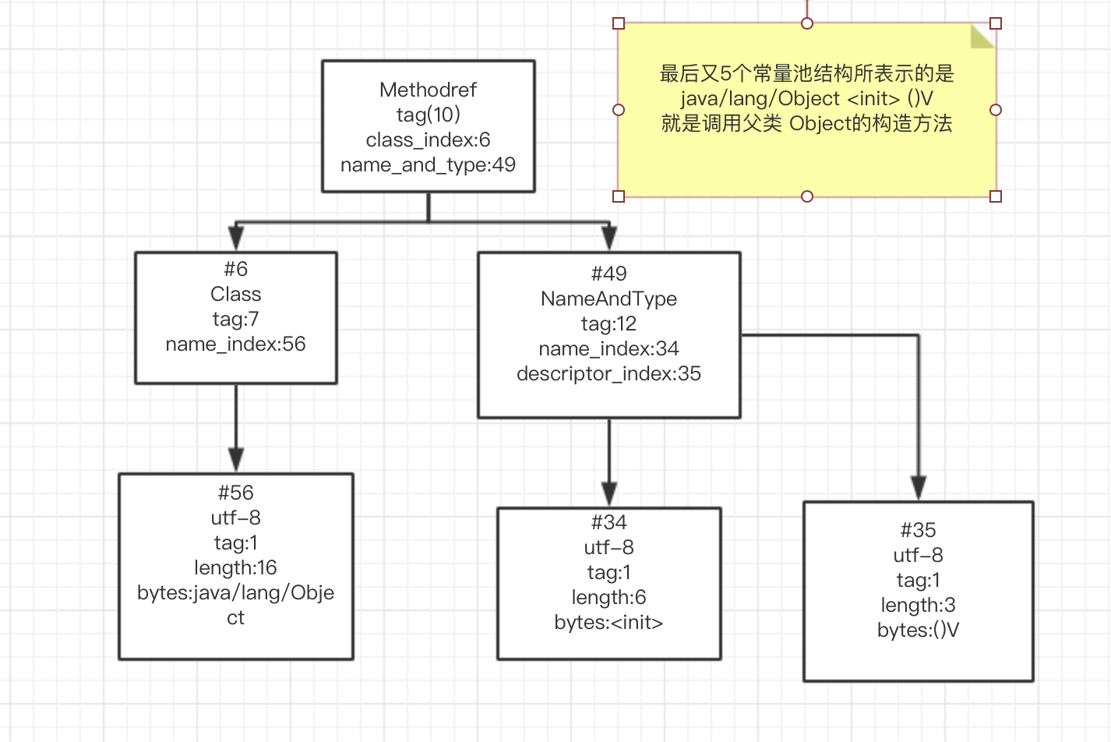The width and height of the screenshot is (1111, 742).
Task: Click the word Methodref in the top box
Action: (428, 90)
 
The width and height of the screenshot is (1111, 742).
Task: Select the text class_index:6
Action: (428, 140)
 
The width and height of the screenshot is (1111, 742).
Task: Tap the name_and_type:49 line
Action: (428, 164)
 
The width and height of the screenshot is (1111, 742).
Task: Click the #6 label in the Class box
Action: (235, 269)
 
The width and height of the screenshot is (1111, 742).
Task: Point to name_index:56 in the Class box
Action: (235, 344)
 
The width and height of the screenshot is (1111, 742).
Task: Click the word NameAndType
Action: (608, 299)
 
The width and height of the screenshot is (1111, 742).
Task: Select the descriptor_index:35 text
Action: (608, 373)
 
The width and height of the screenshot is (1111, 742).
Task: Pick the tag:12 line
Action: (608, 323)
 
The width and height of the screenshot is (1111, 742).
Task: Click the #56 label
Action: (235, 493)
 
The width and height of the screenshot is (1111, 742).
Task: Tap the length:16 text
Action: (235, 567)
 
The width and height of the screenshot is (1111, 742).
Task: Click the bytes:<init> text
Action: (608, 622)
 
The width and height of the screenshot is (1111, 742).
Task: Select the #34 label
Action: (608, 522)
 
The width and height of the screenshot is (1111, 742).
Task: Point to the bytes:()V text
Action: (918, 630)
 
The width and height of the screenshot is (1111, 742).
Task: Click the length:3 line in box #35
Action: (918, 605)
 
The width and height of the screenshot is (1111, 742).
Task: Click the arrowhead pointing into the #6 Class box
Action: (235, 238)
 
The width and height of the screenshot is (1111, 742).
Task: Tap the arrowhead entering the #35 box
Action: (919, 488)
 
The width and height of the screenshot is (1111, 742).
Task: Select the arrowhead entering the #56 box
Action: (235, 459)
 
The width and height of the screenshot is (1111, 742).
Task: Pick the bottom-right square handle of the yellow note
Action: (995, 196)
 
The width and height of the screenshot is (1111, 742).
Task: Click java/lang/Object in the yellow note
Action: (760, 99)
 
